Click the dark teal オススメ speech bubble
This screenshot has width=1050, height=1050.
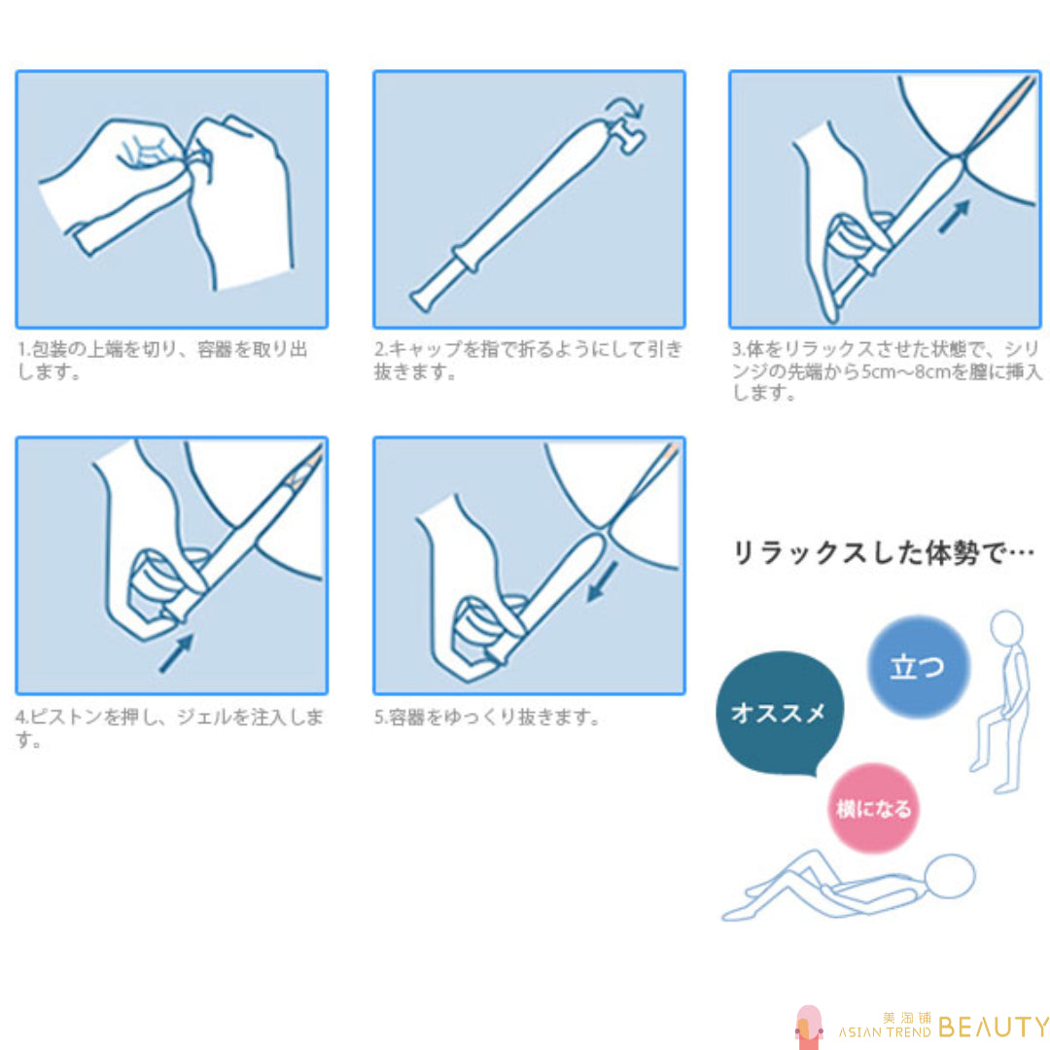(x=779, y=713)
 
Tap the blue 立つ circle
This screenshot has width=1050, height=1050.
(x=918, y=666)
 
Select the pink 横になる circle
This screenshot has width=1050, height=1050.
(x=873, y=808)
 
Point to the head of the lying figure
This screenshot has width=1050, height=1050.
(x=950, y=876)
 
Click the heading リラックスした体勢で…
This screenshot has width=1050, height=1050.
(x=884, y=553)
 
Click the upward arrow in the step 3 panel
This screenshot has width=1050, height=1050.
(x=955, y=217)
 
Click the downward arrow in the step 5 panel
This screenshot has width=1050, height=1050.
(x=602, y=582)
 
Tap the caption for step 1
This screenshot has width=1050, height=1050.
(x=162, y=361)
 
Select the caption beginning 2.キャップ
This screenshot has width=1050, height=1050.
(x=528, y=361)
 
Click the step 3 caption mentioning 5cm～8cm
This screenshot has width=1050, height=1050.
(x=887, y=371)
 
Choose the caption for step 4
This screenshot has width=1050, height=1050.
(x=169, y=728)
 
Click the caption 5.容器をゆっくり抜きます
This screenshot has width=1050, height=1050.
(x=486, y=717)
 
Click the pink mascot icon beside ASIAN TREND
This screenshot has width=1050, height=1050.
(x=810, y=1028)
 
